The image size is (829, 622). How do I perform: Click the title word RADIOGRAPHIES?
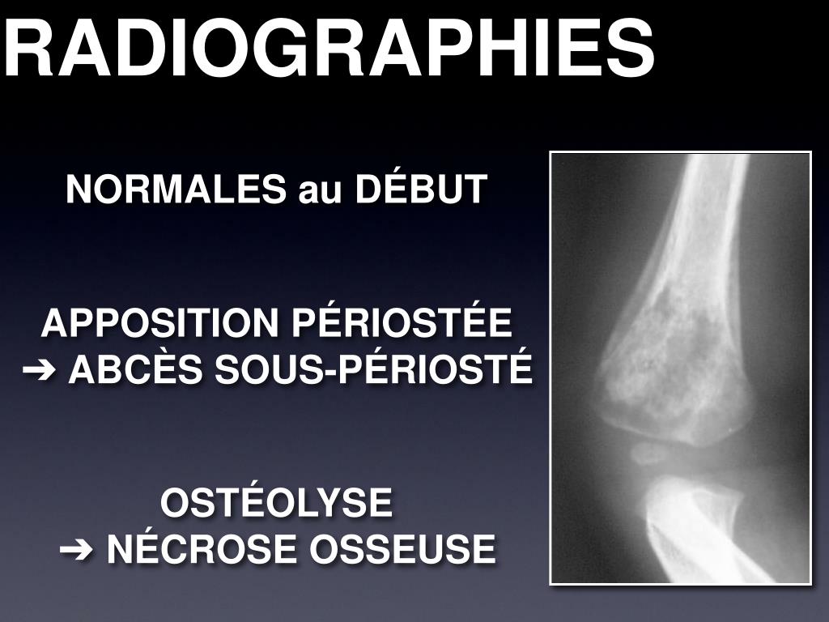[x=328, y=46]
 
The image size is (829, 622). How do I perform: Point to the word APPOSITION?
[x=159, y=324]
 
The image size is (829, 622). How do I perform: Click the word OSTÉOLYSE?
[x=276, y=503]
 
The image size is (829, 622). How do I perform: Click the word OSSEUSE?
[x=404, y=550]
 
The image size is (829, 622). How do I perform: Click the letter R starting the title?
[x=24, y=46]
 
